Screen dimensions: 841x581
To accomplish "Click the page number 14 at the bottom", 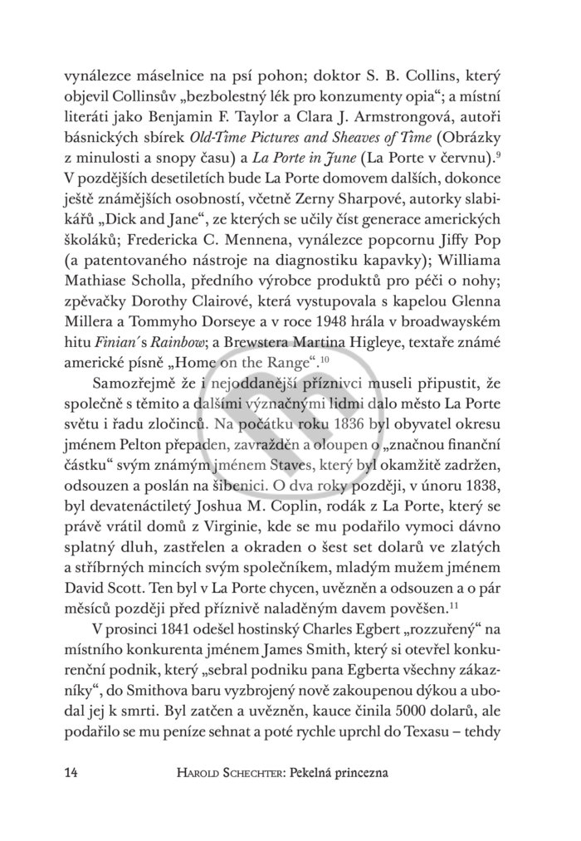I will click(x=72, y=772).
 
